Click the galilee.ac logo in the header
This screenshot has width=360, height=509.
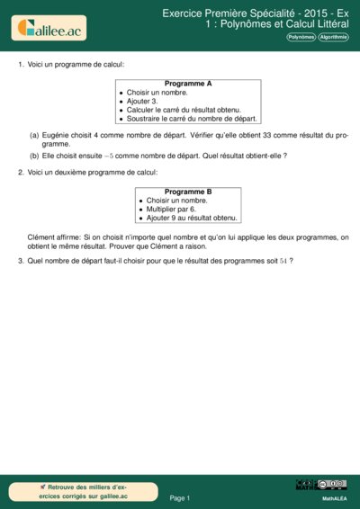(49, 29)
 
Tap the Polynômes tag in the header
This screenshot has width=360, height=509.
(301, 38)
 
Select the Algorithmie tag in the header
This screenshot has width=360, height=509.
(332, 38)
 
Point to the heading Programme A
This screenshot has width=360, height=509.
(187, 84)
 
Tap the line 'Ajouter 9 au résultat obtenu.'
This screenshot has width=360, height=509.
(186, 218)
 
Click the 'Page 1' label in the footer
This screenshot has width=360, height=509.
(180, 497)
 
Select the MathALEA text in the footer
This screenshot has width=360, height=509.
(334, 497)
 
